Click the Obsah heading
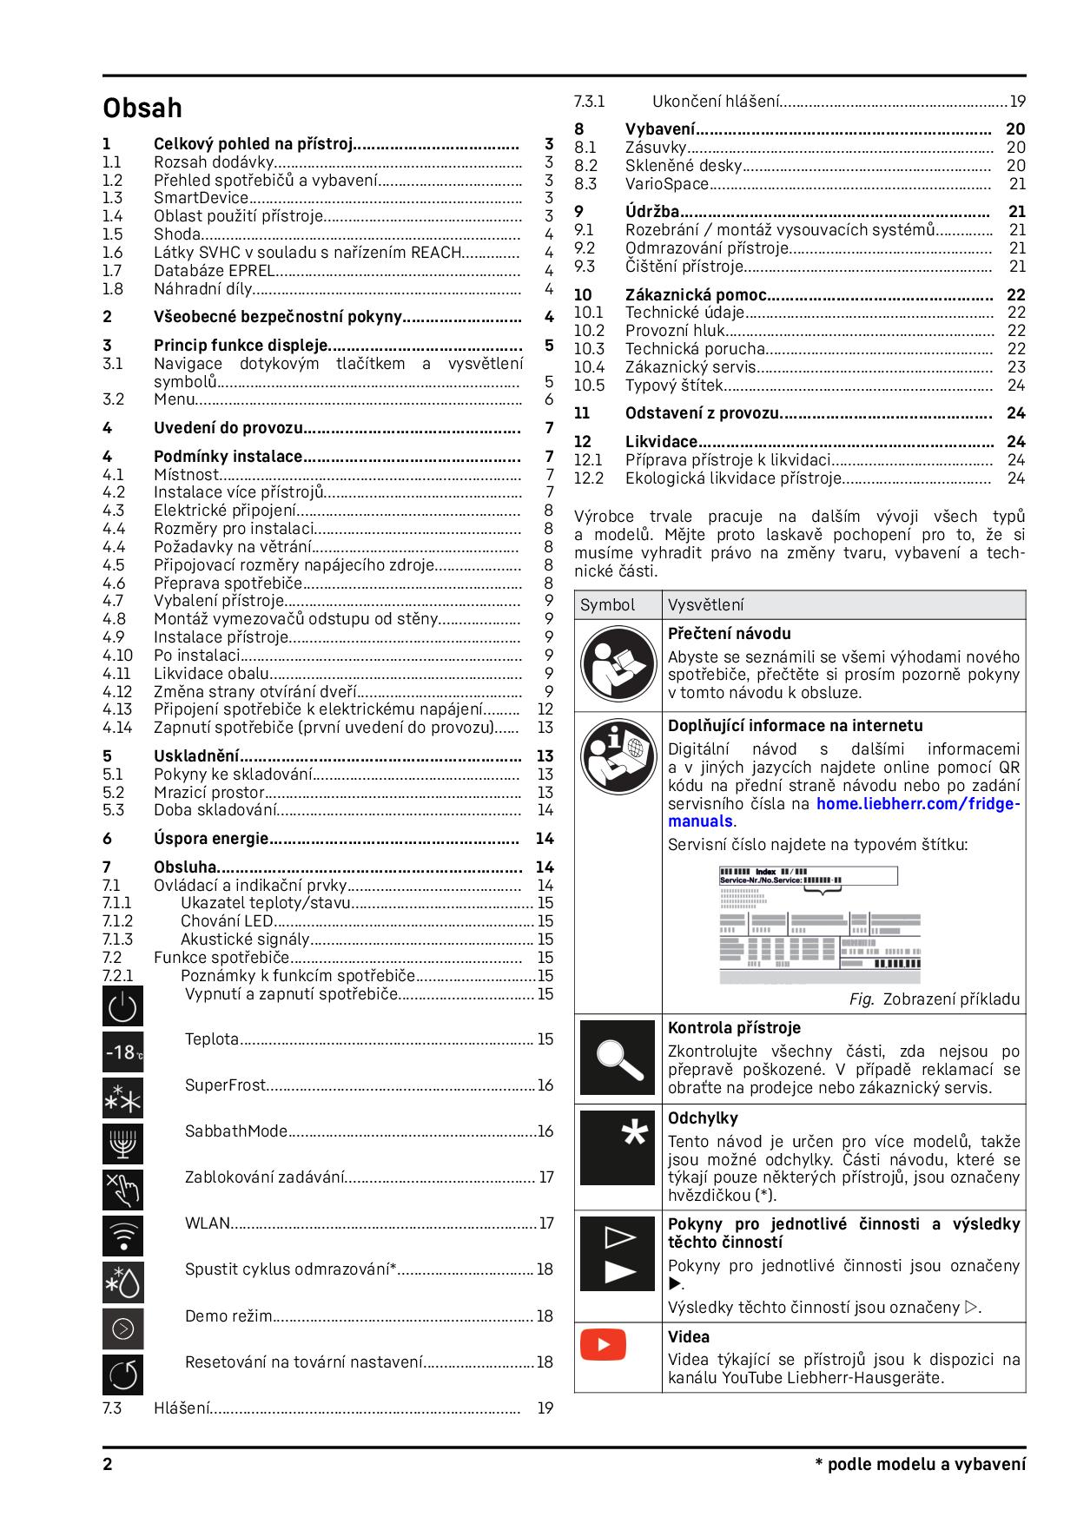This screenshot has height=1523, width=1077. click(142, 109)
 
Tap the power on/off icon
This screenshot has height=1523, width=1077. click(122, 1006)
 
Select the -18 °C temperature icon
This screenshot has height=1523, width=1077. click(122, 1052)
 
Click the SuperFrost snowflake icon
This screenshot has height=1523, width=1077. click(122, 1098)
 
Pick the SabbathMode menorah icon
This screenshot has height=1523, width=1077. click(122, 1144)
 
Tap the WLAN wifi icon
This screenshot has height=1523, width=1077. click(122, 1236)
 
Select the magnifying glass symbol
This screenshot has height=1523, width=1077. click(618, 1058)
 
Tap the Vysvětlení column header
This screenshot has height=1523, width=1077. click(706, 605)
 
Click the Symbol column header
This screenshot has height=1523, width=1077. click(608, 605)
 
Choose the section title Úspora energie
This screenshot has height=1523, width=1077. click(211, 839)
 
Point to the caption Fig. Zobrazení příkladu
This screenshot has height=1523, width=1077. click(934, 999)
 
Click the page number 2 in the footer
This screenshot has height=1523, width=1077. click(108, 1465)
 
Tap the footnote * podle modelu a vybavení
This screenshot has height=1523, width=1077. click(920, 1465)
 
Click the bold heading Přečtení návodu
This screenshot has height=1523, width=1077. click(729, 634)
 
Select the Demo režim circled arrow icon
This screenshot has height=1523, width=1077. click(122, 1328)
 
